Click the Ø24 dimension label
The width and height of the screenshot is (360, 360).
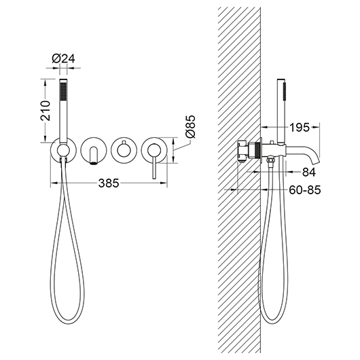tap(63, 58)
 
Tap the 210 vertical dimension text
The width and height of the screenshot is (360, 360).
tap(46, 111)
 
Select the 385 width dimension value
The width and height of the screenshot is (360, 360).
tap(109, 183)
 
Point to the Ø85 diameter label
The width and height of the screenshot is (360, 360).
tap(190, 126)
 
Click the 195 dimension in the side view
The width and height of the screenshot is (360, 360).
tap(299, 127)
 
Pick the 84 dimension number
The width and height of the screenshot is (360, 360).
tap(309, 172)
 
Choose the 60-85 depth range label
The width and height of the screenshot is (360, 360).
tap(305, 190)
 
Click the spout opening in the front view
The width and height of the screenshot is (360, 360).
tap(94, 163)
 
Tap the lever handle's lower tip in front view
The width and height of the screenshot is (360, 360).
tap(154, 177)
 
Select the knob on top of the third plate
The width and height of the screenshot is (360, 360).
tap(124, 141)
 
